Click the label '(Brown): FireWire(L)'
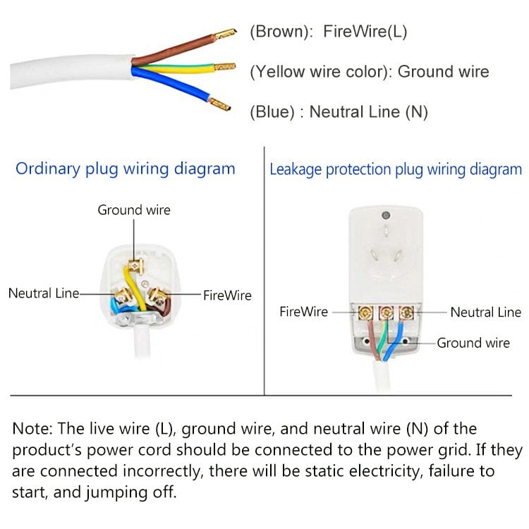coord(328,32)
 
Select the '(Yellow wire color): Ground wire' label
coord(369,72)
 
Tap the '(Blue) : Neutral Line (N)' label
coord(339,112)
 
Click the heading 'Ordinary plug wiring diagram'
coord(126,169)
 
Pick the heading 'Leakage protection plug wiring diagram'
coord(396,169)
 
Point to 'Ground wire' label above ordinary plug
coord(134,210)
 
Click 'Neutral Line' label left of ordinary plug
coord(42,293)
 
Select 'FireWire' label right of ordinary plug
coord(227,296)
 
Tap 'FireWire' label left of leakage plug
coord(304,312)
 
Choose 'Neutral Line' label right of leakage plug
coord(485,312)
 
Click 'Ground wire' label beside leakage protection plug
coord(473,343)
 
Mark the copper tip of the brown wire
coord(225,32)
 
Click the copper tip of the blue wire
coord(221,107)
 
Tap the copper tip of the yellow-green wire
coord(226,67)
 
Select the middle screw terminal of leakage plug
coord(387,312)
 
